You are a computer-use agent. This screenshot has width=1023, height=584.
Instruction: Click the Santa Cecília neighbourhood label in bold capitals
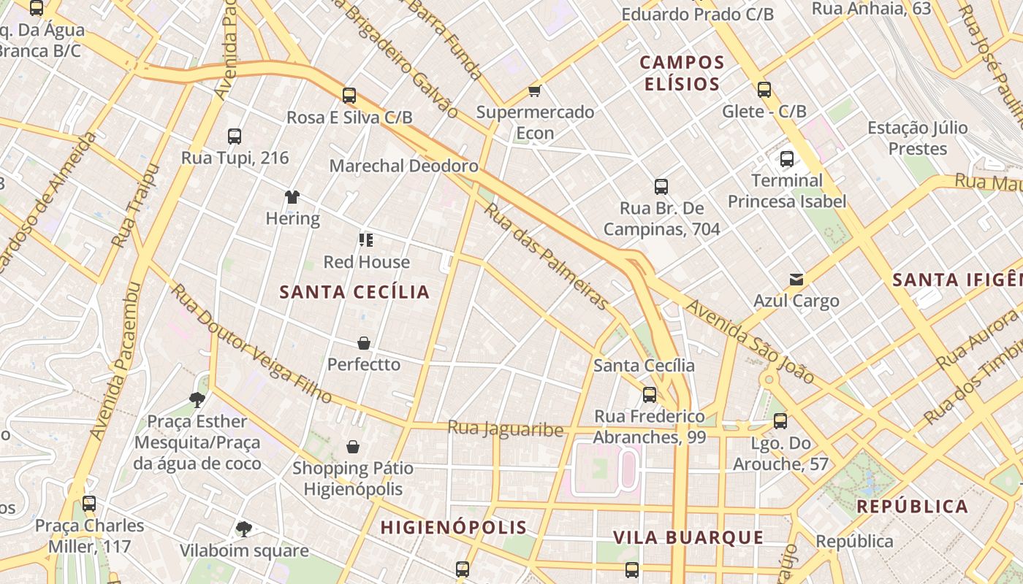tap(354, 292)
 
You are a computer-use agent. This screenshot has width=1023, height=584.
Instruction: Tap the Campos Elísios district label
tap(682, 73)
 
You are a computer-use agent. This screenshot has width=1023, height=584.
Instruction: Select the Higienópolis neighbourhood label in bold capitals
tap(453, 527)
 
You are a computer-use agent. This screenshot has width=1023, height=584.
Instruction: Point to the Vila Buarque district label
tap(688, 538)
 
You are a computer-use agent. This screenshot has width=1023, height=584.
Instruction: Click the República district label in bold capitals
tap(912, 506)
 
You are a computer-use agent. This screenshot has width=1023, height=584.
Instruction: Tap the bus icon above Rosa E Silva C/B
tap(349, 95)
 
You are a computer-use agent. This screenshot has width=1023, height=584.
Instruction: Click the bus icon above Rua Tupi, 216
tap(235, 136)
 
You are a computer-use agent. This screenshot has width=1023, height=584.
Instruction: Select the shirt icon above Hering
tap(292, 196)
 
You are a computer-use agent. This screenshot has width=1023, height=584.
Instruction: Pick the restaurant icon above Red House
tap(366, 240)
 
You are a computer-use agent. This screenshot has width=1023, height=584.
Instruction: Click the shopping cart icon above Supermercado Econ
tap(535, 91)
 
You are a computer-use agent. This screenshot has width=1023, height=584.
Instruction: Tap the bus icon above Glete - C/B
tap(764, 90)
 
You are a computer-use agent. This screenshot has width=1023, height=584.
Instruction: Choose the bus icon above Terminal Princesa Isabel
tap(787, 158)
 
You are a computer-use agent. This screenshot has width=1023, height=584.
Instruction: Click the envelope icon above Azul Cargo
tap(796, 279)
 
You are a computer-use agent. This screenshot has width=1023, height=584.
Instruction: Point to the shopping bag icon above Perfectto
tap(364, 342)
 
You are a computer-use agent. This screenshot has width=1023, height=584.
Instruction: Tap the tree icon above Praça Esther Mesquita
tap(197, 399)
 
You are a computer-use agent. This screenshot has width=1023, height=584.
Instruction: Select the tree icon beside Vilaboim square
tap(243, 529)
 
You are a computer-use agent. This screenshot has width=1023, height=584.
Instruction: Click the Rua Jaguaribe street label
tap(506, 429)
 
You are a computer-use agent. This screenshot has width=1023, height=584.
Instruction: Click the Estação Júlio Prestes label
tap(917, 138)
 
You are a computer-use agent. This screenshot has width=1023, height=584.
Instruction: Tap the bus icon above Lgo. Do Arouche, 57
tap(780, 420)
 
